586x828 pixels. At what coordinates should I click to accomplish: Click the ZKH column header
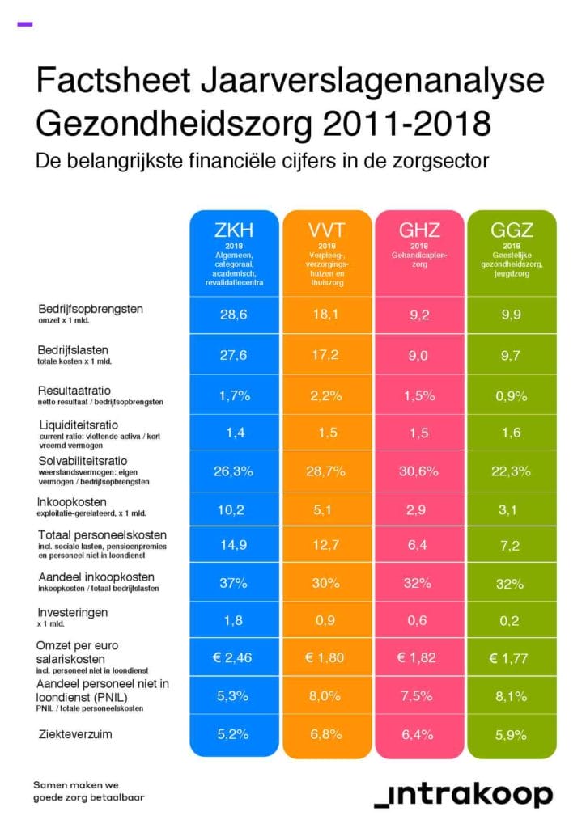[x=234, y=230]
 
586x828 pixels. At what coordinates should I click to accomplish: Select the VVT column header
[x=326, y=230]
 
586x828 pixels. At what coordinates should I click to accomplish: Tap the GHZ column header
[x=419, y=230]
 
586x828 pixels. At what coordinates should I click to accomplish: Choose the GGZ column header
[x=512, y=230]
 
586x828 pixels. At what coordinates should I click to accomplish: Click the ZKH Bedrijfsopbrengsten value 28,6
[x=234, y=315]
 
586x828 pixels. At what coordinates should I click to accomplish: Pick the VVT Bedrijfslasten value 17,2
[x=325, y=355]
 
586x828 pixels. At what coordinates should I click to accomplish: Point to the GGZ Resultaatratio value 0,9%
[x=511, y=396]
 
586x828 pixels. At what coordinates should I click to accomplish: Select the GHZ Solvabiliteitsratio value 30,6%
[x=418, y=471]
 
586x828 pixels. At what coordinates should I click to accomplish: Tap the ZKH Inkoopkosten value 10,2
[x=231, y=510]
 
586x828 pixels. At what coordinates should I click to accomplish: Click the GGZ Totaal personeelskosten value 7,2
[x=510, y=546]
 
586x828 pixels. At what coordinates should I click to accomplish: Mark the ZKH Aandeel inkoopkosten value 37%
[x=234, y=584]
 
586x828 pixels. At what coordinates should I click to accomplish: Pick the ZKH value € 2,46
[x=232, y=658]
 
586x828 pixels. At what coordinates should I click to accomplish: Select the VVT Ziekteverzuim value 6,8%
[x=325, y=734]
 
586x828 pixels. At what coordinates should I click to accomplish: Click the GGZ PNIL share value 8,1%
[x=511, y=696]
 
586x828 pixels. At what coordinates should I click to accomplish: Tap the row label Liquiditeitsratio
[x=79, y=425]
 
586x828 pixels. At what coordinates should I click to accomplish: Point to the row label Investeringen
[x=72, y=613]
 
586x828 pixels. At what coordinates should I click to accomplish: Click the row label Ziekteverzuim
[x=75, y=734]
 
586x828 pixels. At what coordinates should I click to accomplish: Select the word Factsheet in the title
[x=113, y=80]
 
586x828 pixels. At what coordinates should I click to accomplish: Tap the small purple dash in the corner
[x=25, y=23]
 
